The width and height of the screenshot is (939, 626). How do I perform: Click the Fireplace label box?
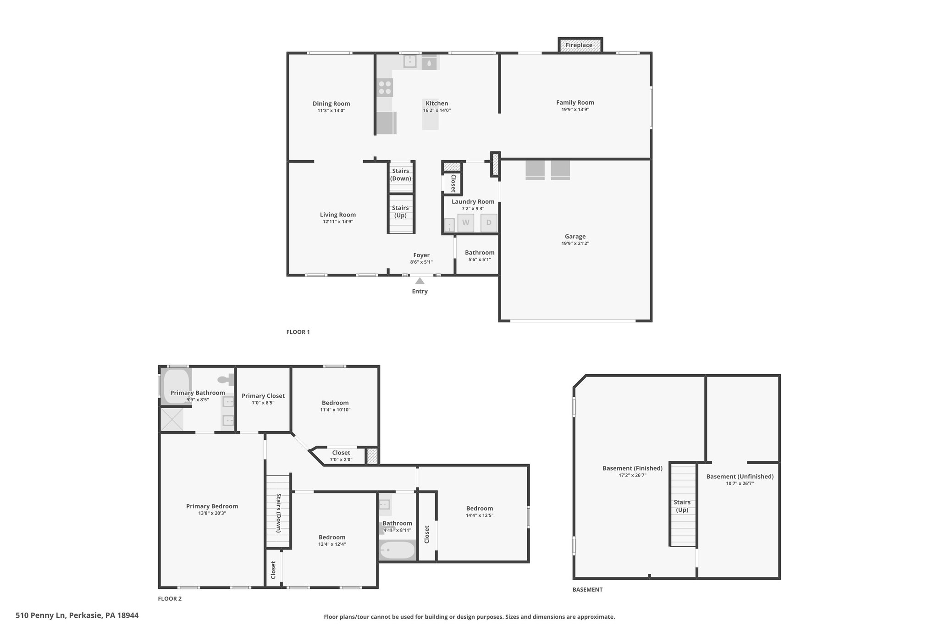[580, 45]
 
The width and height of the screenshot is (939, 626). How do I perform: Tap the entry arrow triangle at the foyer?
[420, 281]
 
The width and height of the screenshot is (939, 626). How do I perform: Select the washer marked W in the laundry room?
[466, 223]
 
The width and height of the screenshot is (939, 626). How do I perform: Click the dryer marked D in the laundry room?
[489, 223]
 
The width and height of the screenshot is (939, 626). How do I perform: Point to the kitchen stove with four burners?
[385, 88]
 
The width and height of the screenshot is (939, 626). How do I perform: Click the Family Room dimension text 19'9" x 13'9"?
[575, 110]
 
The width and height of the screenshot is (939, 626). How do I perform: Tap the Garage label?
[575, 237]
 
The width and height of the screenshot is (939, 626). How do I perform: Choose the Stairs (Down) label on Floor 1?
[401, 175]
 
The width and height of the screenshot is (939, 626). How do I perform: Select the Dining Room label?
[331, 104]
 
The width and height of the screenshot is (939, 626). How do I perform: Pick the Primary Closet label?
[263, 396]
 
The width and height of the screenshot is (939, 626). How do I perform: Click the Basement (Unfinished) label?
[740, 476]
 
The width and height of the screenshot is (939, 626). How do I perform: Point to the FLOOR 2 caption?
[170, 598]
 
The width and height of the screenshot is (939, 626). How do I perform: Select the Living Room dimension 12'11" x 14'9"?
[338, 222]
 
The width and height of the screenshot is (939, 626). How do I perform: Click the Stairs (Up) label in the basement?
[682, 506]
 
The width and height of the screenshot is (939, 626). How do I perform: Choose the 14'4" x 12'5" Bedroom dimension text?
[480, 515]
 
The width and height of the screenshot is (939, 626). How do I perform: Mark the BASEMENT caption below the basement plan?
[587, 590]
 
